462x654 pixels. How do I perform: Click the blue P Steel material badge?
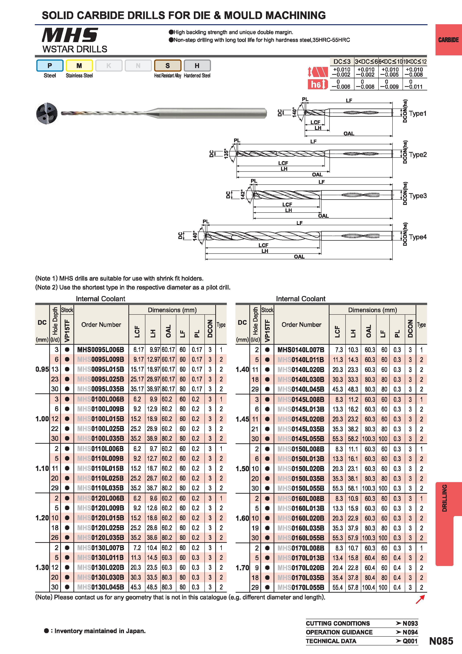(50, 65)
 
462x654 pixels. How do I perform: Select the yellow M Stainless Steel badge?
(79, 65)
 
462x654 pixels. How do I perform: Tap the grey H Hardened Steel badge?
(197, 65)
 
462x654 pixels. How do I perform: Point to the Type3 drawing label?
(418, 196)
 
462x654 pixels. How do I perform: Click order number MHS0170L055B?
(301, 587)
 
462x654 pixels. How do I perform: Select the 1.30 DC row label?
(42, 567)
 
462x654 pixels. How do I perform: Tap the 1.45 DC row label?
(242, 419)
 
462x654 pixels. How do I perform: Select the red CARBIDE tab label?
(448, 40)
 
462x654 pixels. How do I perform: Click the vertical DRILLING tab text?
(444, 498)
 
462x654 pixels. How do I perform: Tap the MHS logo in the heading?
(70, 35)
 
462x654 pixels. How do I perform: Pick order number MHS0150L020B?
(301, 469)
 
